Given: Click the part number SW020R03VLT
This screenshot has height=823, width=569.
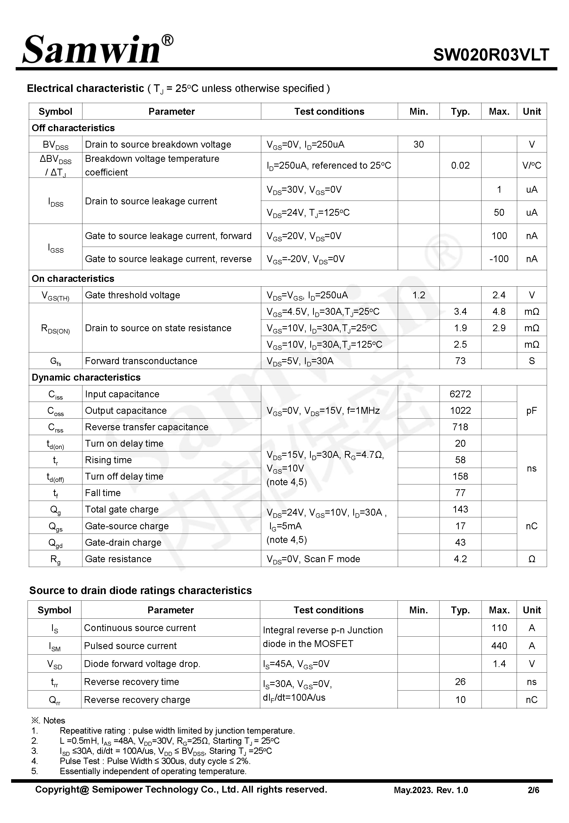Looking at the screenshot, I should (491, 55).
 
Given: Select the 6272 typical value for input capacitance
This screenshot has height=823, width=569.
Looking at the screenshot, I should (460, 394).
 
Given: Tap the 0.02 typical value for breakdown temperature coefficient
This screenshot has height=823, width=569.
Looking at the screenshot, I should (460, 165).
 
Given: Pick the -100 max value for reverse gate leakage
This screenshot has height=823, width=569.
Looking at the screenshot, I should (499, 259).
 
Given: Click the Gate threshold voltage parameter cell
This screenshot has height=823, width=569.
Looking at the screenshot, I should (132, 295).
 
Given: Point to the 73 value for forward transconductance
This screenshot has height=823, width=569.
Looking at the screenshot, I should (460, 361).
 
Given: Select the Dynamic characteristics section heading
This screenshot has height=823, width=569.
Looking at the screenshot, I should (86, 377).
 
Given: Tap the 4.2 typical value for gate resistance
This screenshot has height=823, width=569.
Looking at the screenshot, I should (460, 559).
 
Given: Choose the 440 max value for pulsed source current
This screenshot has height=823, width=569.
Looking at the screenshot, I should (499, 646).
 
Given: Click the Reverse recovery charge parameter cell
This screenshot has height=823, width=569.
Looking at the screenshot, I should (137, 699).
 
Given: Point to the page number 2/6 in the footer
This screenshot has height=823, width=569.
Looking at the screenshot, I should (533, 790).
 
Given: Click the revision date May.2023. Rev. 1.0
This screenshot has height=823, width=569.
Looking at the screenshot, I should (431, 790).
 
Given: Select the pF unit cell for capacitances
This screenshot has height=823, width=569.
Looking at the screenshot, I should (531, 410).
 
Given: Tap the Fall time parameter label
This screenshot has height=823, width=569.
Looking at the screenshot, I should (103, 493).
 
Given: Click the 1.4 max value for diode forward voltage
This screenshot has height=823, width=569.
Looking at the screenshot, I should (499, 663).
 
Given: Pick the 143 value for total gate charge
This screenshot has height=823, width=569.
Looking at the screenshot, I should (460, 509).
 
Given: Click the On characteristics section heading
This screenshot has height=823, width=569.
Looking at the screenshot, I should (73, 278).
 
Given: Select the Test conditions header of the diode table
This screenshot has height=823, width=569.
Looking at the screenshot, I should (328, 610).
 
